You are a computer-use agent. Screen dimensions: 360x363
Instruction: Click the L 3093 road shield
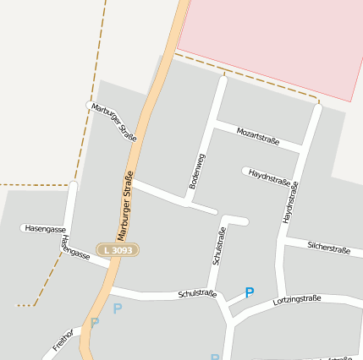tap(117, 250)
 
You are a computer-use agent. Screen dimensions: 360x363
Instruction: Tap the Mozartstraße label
tap(258, 134)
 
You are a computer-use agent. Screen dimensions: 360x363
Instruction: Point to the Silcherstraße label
tap(329, 248)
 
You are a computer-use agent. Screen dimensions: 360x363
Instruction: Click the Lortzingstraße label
tap(297, 300)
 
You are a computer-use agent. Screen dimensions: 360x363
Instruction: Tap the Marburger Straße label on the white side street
tap(114, 122)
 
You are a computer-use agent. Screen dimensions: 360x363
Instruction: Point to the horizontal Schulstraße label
tap(197, 295)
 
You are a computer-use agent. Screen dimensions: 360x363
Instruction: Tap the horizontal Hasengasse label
tap(46, 228)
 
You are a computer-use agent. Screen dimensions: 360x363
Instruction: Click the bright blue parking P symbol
tap(249, 292)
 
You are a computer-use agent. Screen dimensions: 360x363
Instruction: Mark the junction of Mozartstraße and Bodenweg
tap(217, 124)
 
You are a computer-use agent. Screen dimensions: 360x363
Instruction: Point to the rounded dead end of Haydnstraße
tap(245, 172)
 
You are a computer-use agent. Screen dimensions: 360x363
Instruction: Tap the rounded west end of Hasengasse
tap(24, 228)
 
